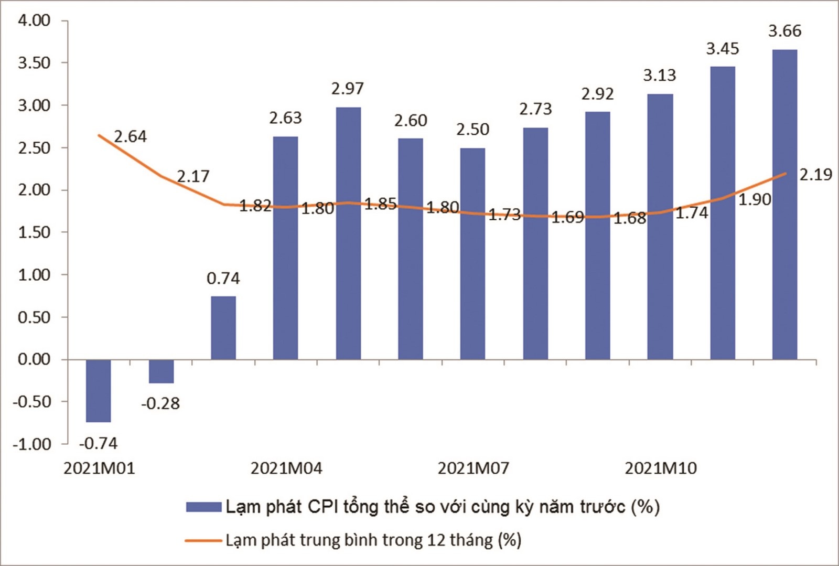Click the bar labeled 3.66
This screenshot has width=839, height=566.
[x=784, y=205]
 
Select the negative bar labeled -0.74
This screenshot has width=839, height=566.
[x=99, y=390]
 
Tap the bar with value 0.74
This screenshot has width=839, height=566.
[x=223, y=328]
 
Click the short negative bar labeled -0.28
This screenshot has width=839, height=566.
[x=161, y=371]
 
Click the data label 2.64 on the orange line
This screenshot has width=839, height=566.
[x=130, y=136]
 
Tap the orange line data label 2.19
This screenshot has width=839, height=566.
[x=815, y=174]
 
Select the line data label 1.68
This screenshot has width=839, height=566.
[x=630, y=218]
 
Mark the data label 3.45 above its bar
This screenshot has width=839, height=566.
[x=723, y=49]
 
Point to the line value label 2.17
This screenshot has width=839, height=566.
[x=193, y=176]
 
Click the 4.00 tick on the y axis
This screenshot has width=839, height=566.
[x=34, y=20]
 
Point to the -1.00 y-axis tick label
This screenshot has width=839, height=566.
[x=32, y=444]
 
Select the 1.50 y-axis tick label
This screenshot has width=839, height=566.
[x=34, y=232]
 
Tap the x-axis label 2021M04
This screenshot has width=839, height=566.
[x=286, y=468]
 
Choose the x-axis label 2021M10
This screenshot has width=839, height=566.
[x=661, y=468]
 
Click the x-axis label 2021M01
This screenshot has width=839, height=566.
[x=99, y=468]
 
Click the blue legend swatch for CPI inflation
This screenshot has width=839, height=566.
[x=203, y=507]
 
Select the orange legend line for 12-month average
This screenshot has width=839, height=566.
[x=203, y=540]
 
